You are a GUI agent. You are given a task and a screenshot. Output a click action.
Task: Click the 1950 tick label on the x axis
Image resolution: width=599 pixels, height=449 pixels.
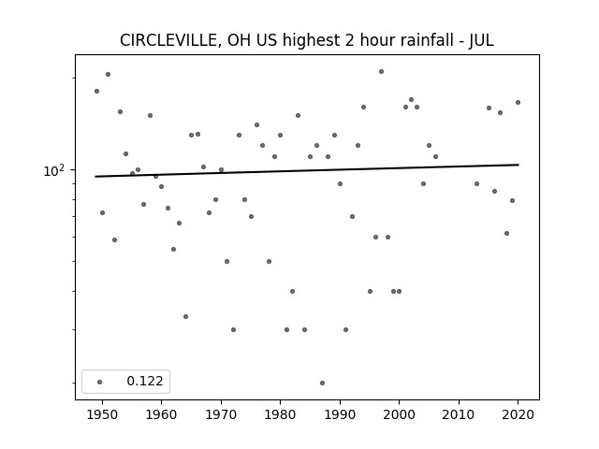pyautogui.click(x=102, y=414)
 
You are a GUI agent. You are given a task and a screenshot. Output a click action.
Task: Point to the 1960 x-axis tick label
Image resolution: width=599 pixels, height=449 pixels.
pyautogui.click(x=161, y=414)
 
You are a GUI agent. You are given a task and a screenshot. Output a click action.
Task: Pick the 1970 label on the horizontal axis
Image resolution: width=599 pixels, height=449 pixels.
pyautogui.click(x=221, y=414)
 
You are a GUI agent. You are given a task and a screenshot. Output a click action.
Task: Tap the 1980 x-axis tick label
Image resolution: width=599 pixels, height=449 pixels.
pyautogui.click(x=280, y=414)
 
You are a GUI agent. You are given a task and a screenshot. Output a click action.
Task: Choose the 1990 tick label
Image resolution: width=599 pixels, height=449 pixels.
pyautogui.click(x=340, y=414)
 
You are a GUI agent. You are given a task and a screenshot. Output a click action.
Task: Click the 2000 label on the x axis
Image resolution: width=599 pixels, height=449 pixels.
pyautogui.click(x=399, y=414)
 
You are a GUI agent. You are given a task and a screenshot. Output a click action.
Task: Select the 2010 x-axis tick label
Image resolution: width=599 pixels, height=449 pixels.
pyautogui.click(x=459, y=414)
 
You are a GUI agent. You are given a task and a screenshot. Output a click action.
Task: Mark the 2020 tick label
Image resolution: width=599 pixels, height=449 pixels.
pyautogui.click(x=518, y=414)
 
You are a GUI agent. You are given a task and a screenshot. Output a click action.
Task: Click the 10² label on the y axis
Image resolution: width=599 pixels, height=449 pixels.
pyautogui.click(x=54, y=170)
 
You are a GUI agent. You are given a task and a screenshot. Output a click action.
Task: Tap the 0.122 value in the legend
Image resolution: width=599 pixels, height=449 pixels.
pyautogui.click(x=145, y=381)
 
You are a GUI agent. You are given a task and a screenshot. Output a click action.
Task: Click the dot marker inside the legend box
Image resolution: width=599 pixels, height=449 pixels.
pyautogui.click(x=100, y=382)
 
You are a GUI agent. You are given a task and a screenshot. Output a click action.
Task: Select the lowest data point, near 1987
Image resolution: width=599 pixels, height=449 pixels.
pyautogui.click(x=322, y=383)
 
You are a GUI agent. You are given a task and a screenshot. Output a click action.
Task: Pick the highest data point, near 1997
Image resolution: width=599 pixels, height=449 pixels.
pyautogui.click(x=381, y=71)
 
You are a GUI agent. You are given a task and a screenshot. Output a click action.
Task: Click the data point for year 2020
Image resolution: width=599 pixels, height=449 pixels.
pyautogui.click(x=518, y=102)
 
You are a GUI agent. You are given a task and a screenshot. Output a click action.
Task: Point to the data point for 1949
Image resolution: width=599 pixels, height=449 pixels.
pyautogui.click(x=96, y=92)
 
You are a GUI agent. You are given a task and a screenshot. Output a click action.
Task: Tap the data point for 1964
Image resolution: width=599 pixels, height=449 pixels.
pyautogui.click(x=185, y=316)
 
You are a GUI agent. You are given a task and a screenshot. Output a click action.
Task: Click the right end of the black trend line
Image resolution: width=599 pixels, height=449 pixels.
pyautogui.click(x=519, y=165)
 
